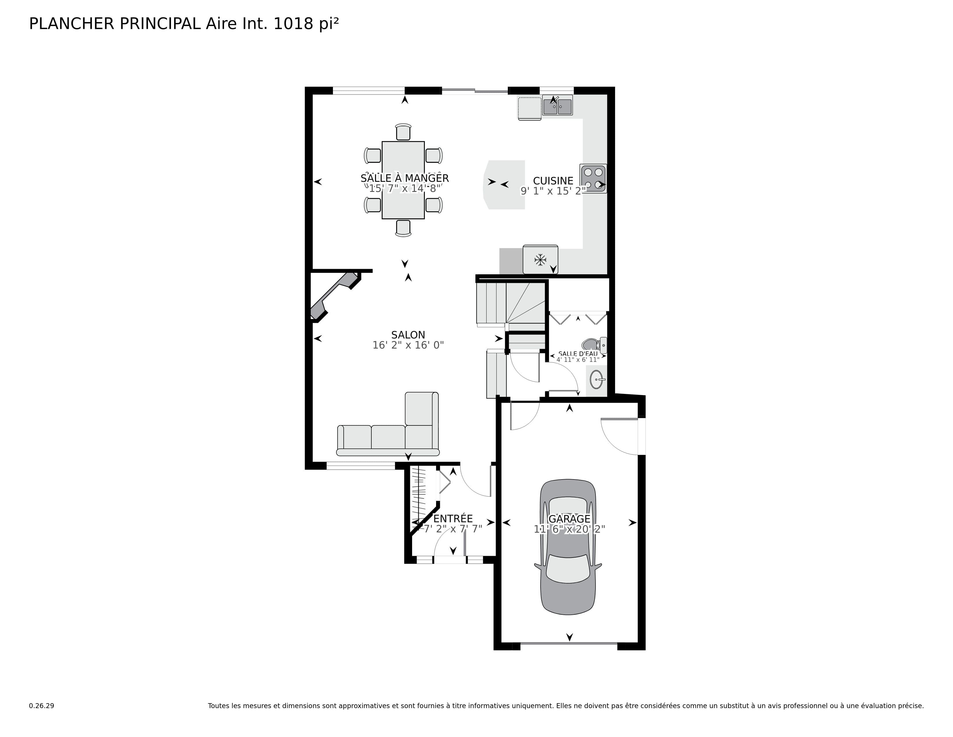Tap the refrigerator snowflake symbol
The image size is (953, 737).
540,260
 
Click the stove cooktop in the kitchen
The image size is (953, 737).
593,178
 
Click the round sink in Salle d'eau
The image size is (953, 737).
596,379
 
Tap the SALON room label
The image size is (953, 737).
408,335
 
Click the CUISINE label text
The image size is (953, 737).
553,181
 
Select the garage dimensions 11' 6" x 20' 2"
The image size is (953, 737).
569,529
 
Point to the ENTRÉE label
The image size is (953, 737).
453,519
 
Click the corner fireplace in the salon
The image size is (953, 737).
334,296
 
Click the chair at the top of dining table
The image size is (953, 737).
403,132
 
